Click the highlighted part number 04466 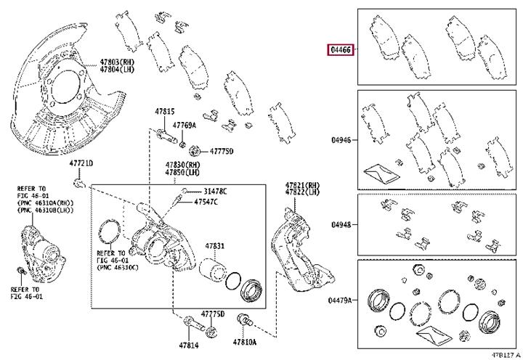[341, 50]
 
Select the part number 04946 [341, 140]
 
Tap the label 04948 [341, 225]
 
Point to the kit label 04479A [339, 300]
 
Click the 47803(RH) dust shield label [117, 62]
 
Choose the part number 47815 [164, 111]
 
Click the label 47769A [184, 126]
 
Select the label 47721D [81, 163]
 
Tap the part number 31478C [215, 192]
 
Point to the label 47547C [206, 202]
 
